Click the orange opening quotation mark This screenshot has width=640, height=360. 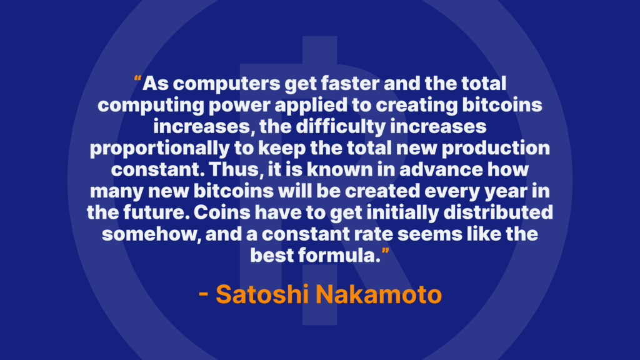point(137,78)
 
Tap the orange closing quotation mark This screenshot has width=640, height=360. point(385,250)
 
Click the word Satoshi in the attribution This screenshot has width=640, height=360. point(262,294)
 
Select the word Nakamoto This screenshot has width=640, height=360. point(379,294)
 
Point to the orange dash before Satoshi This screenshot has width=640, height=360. point(203,295)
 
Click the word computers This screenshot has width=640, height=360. point(226,84)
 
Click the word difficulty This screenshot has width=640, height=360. point(341,127)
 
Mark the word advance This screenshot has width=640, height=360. point(441,169)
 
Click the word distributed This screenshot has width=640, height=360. point(498,212)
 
